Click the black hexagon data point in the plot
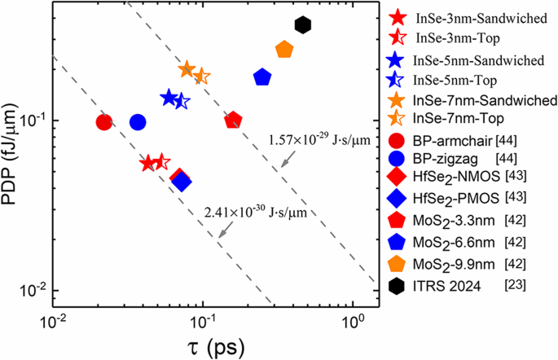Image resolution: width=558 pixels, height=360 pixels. coord(303,25)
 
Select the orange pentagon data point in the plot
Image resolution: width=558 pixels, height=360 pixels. coord(284,50)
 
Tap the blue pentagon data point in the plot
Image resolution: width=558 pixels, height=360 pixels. coord(262,77)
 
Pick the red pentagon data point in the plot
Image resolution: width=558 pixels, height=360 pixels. coord(233,120)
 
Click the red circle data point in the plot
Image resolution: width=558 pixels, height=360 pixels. coord(103,122)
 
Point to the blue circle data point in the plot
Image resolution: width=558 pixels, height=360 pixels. coord(138,122)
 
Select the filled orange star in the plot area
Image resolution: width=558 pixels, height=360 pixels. coord(187,70)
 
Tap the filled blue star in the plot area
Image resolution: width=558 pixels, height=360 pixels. coord(169,98)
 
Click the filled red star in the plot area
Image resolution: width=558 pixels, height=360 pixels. coord(147,163)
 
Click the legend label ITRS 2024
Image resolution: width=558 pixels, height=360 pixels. coord(446,285)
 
